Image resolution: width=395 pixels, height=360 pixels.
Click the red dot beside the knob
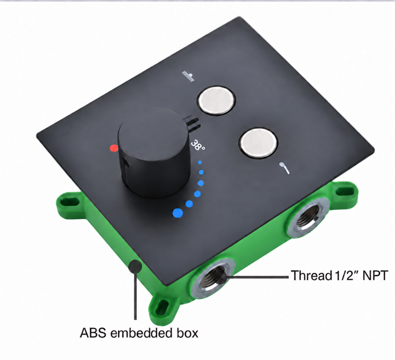(114, 148)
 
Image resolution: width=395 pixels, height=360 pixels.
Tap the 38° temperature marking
(198, 145)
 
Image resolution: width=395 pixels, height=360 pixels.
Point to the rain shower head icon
(188, 76)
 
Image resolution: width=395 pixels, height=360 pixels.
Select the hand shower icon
(284, 168)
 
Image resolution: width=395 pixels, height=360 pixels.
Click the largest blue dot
(177, 213)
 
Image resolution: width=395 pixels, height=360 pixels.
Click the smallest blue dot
(200, 162)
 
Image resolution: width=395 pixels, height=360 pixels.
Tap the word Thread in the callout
(311, 276)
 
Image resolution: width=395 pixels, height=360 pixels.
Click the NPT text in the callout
(375, 276)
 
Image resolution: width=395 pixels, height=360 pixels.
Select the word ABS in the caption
(93, 333)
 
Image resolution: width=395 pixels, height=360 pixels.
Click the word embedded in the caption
(141, 333)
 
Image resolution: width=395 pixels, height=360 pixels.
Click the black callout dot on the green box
(135, 267)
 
